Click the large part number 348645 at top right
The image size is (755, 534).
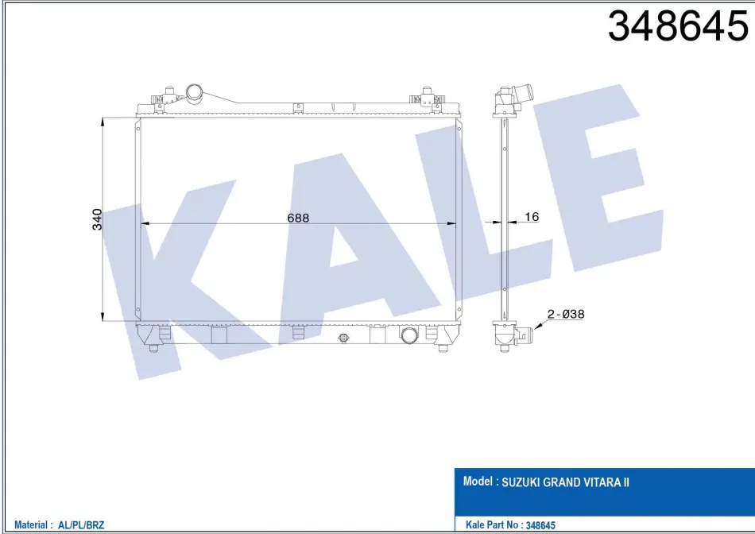[x=677, y=26]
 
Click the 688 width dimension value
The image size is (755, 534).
[x=298, y=218]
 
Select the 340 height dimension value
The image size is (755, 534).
[x=97, y=219]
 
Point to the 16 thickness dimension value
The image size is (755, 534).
[x=532, y=217]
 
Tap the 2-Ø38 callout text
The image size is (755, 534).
[x=566, y=314]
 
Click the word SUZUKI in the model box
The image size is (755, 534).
[x=521, y=482]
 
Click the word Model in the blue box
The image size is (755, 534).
[x=478, y=481]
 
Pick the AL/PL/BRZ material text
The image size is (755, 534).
[x=81, y=524]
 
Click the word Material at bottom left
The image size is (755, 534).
[x=31, y=524]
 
